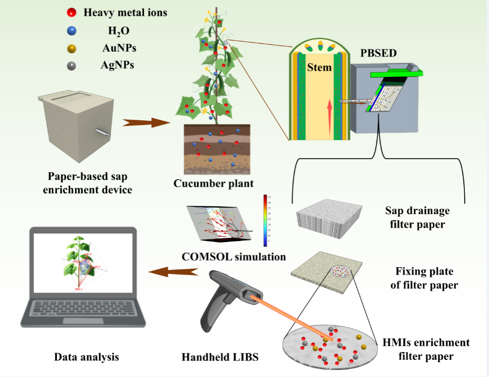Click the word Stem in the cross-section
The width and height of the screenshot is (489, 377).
click(x=319, y=67)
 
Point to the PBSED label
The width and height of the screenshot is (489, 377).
click(x=378, y=53)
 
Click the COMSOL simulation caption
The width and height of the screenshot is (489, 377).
click(x=234, y=257)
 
